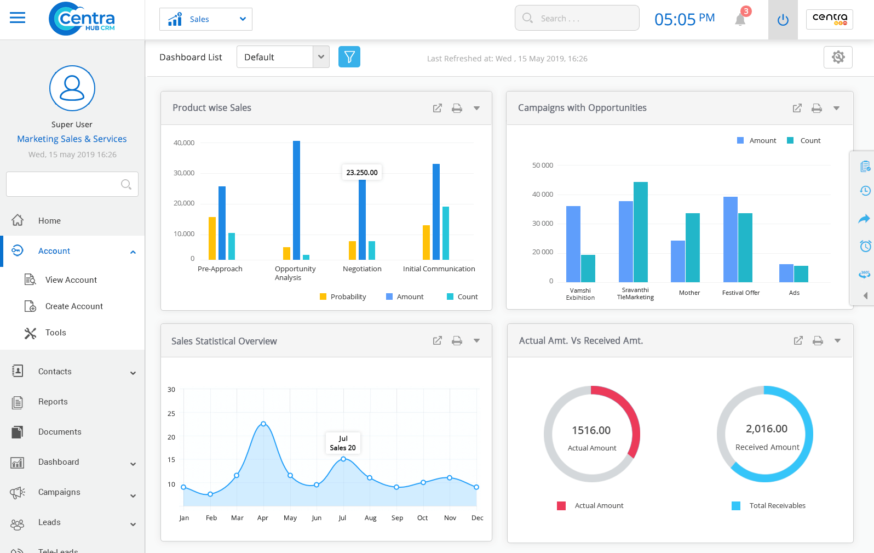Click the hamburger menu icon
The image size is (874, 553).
click(18, 18)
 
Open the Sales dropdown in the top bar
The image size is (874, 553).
click(205, 19)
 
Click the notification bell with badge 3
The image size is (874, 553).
click(740, 19)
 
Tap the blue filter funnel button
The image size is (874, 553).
click(349, 57)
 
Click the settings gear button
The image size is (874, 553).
click(838, 57)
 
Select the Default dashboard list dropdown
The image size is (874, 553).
click(283, 57)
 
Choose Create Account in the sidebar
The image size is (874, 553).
click(74, 306)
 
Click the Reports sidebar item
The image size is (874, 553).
click(53, 402)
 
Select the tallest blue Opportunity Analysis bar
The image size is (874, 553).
click(296, 200)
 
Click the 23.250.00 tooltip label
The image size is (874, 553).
click(361, 172)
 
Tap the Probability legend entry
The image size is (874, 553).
click(343, 297)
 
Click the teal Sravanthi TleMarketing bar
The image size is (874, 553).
click(641, 232)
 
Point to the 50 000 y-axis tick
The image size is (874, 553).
click(542, 165)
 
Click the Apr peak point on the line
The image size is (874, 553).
click(263, 424)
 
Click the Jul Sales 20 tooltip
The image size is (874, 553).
click(343, 443)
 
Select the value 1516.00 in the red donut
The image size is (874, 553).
click(591, 430)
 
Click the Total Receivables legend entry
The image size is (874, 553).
click(777, 505)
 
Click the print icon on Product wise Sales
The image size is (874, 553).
click(457, 109)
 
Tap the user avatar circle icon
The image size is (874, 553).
click(72, 88)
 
